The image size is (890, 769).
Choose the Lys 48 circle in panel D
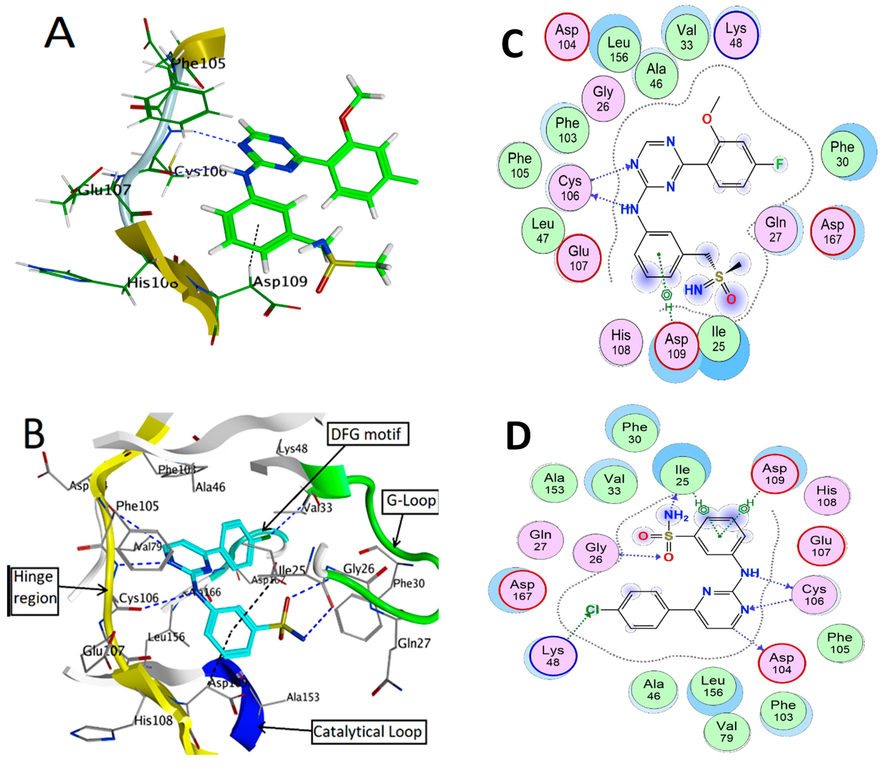tap(553, 656)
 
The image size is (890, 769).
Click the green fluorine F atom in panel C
tap(779, 164)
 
